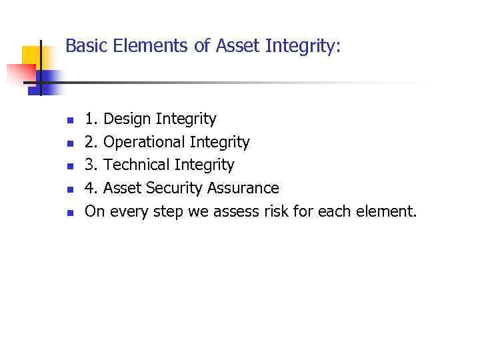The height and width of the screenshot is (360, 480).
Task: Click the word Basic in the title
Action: tap(83, 46)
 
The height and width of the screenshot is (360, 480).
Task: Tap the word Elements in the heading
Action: tap(137, 46)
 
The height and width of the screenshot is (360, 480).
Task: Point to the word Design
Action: tap(127, 120)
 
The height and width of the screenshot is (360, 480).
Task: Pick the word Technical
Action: tap(136, 165)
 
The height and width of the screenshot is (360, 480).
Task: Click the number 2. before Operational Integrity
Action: tap(91, 143)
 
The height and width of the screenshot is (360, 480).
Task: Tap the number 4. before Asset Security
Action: tap(91, 188)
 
